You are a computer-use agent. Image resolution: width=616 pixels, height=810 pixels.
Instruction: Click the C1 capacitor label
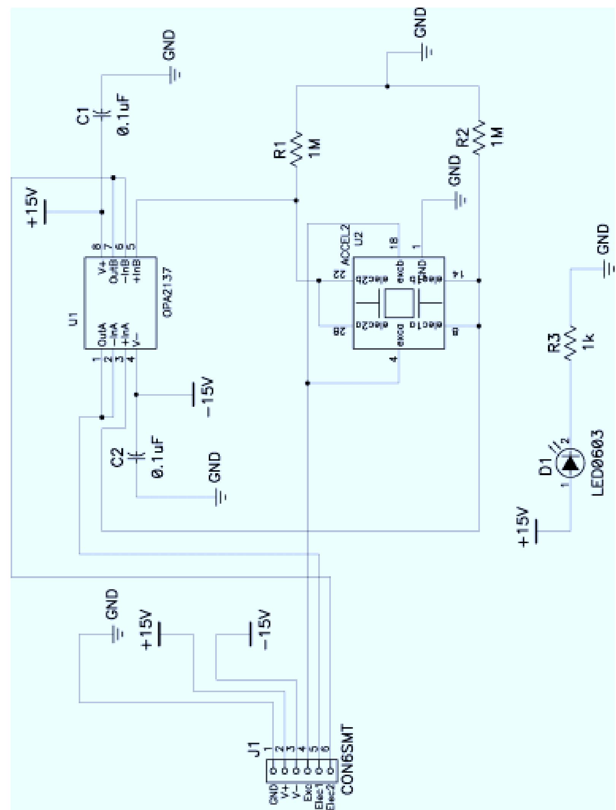[83, 116]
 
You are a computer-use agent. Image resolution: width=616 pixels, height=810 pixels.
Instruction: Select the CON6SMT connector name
[347, 760]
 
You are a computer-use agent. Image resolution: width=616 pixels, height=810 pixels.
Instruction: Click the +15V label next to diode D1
[524, 526]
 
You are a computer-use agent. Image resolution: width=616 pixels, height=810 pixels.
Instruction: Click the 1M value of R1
[315, 148]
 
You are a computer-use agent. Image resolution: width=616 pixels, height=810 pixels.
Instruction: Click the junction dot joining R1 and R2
[387, 86]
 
